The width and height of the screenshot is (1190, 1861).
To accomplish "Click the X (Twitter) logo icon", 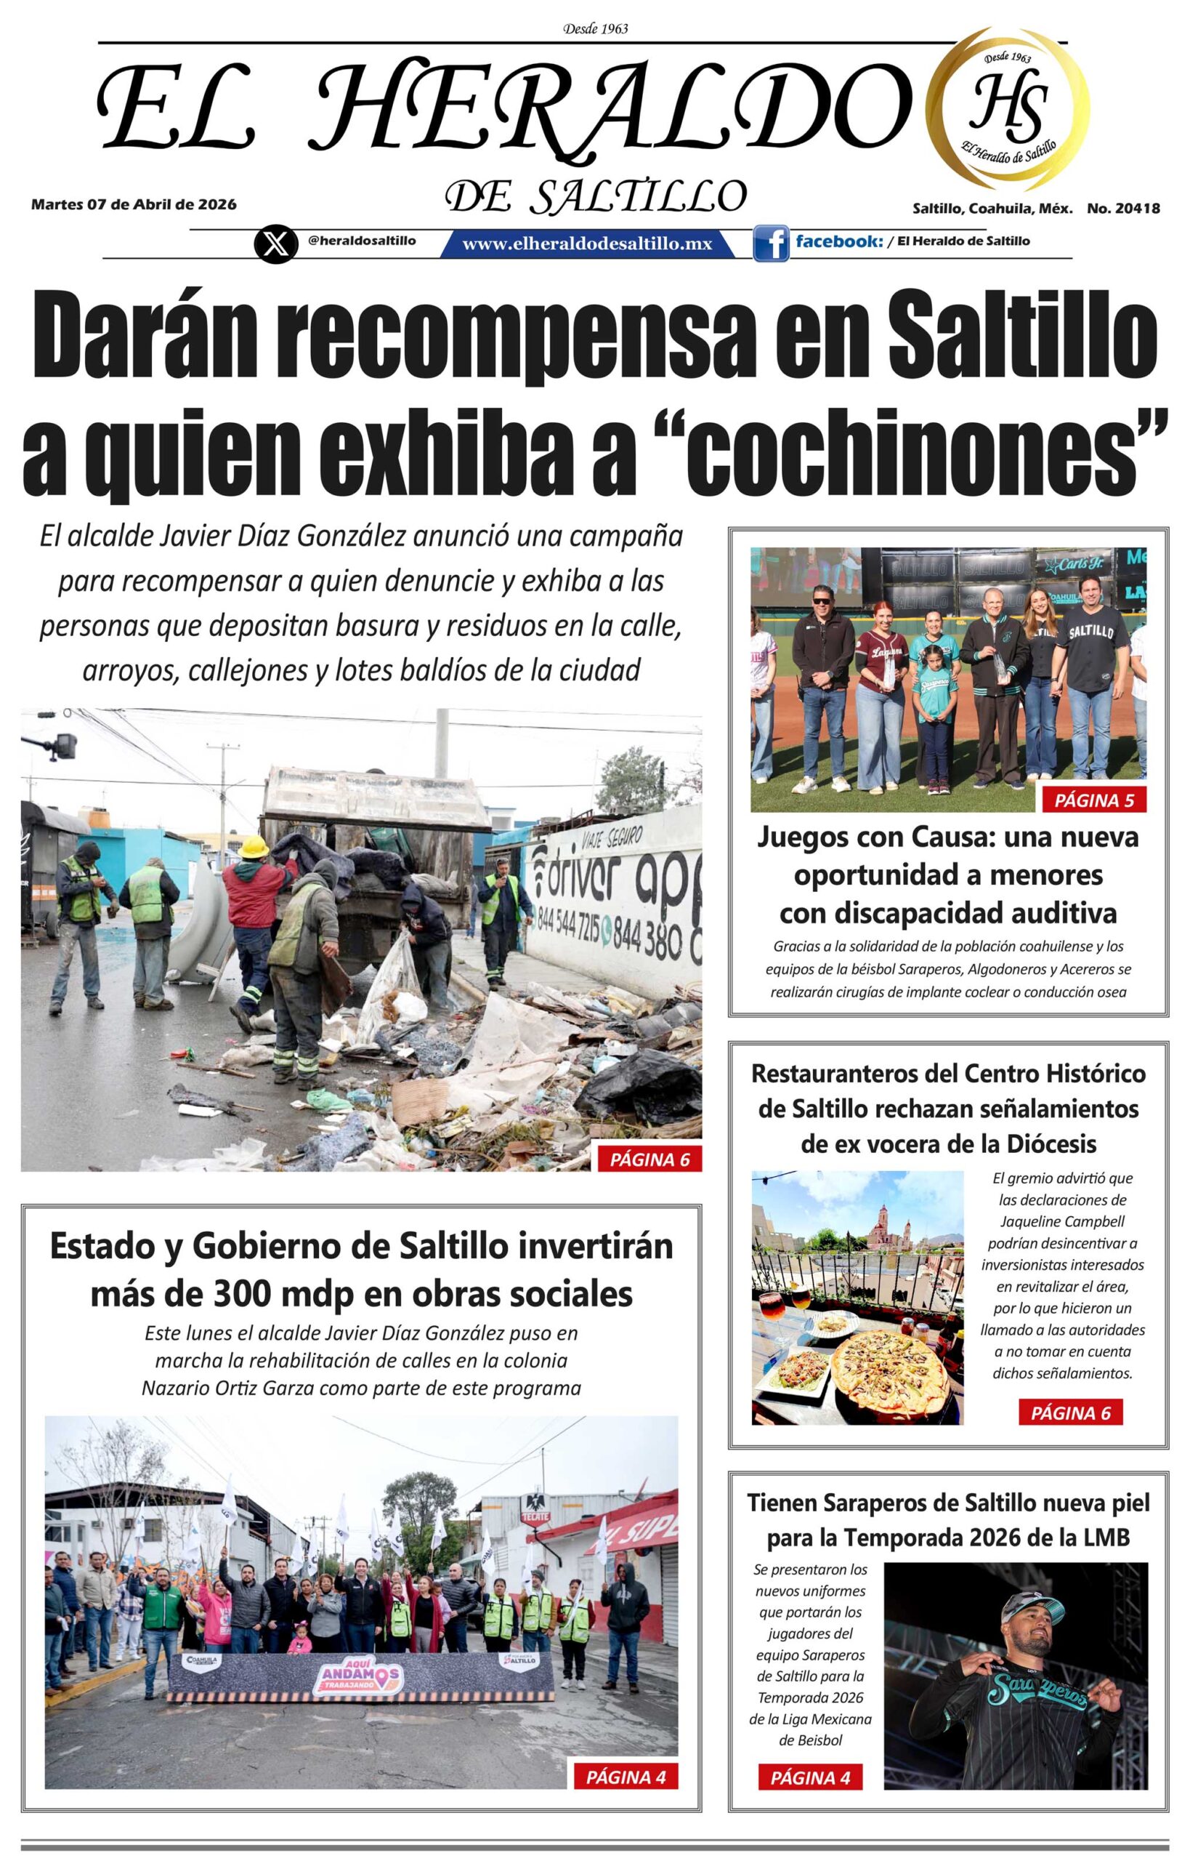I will [275, 244].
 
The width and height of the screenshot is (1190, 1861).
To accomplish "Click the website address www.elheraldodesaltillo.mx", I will [586, 244].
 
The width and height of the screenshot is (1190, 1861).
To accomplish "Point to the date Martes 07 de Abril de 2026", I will [134, 205].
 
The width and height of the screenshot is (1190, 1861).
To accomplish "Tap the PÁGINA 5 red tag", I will [1093, 800].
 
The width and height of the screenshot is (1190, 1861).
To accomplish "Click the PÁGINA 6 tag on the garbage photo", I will [649, 1159].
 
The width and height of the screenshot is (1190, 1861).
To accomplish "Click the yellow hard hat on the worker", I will [253, 847].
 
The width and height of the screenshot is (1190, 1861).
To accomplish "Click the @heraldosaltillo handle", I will [362, 241].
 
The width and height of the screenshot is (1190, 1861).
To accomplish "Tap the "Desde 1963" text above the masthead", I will [595, 29].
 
